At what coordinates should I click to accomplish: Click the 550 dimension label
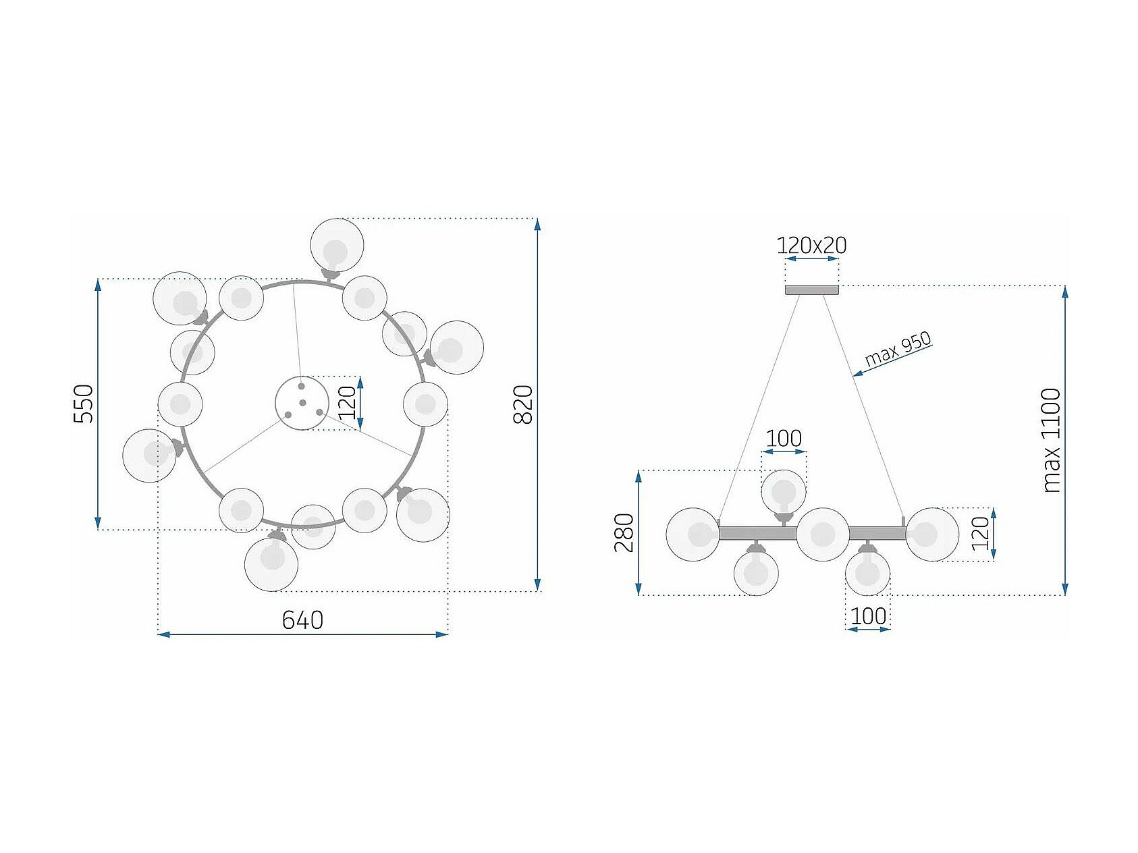click(83, 404)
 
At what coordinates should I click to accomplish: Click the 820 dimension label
click(523, 404)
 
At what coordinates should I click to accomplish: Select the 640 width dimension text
click(302, 620)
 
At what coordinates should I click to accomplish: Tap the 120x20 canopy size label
click(811, 245)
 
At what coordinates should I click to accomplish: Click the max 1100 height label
click(1052, 440)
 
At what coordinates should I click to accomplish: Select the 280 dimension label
click(624, 532)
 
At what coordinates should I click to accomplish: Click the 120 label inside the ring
click(346, 403)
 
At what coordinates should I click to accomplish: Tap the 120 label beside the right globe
click(981, 533)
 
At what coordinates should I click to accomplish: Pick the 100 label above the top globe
click(784, 439)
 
